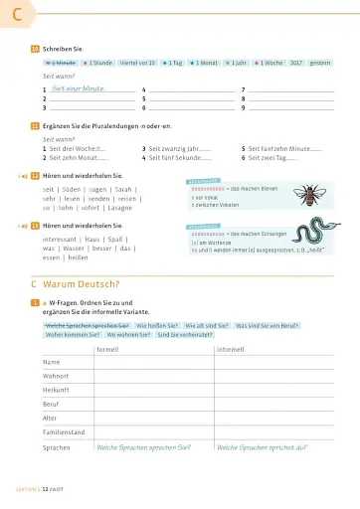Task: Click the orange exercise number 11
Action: point(35,126)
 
